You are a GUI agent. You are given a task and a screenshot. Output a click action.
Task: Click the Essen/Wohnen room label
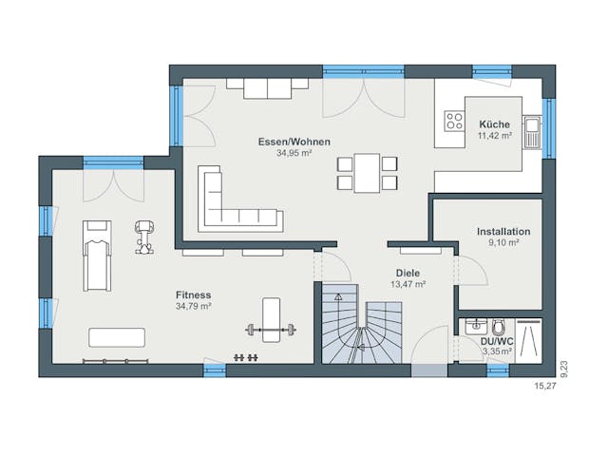(x=294, y=142)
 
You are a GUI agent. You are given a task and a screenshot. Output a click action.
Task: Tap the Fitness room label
(x=193, y=294)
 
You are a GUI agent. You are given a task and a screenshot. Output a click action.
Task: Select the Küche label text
(x=494, y=124)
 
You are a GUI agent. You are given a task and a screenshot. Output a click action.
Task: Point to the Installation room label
(x=503, y=231)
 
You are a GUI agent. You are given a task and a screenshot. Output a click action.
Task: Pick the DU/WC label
(x=496, y=340)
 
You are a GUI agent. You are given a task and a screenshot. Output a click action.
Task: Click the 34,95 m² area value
(x=294, y=153)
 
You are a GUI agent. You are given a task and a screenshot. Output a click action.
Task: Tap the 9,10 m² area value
(x=503, y=243)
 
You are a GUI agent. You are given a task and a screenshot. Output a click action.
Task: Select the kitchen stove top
(x=452, y=123)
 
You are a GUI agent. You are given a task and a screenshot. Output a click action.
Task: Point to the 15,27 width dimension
(x=544, y=387)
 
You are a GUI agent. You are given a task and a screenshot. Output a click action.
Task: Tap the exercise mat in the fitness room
(x=117, y=337)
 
